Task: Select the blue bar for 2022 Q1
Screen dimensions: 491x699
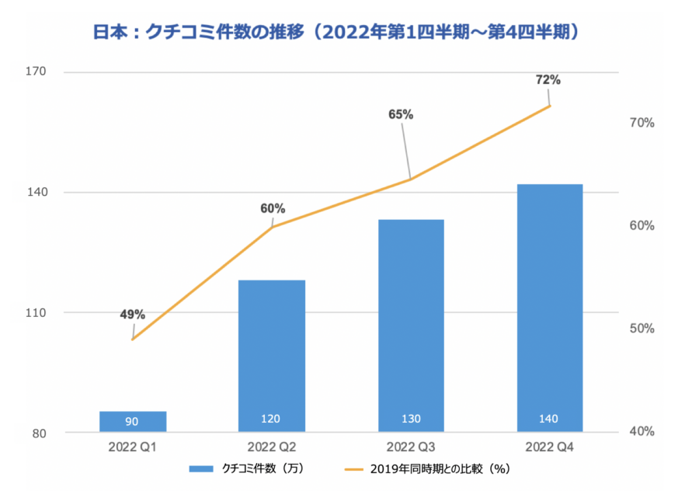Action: pos(133,421)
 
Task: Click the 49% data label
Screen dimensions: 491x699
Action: pos(132,315)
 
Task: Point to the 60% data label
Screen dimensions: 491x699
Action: pos(273,208)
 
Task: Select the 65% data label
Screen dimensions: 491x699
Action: pos(401,114)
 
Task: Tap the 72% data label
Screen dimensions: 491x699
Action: pos(548,80)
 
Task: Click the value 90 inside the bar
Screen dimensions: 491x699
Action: pos(132,422)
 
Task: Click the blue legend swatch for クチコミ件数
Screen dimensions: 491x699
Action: pos(202,468)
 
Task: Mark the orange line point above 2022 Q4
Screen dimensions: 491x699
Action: pos(550,106)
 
